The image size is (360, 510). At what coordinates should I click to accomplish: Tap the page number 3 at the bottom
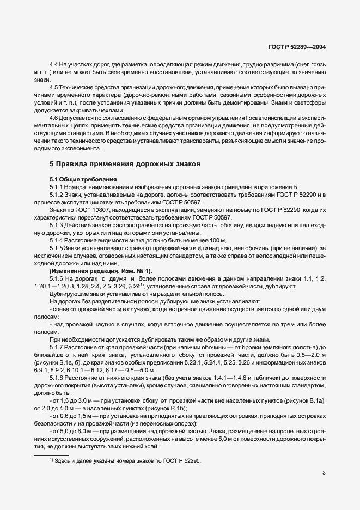(324, 472)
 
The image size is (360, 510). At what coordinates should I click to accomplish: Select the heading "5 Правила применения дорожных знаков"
(125, 163)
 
